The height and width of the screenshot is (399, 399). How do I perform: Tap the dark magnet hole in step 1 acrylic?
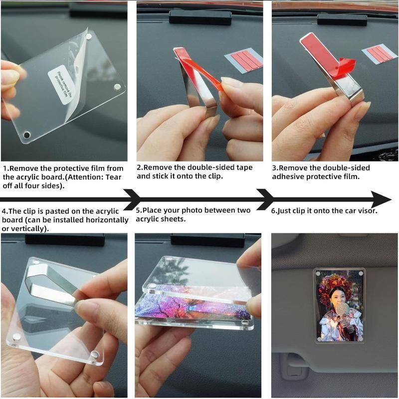tap(27, 134)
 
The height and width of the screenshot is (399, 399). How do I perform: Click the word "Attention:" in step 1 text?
tap(84, 177)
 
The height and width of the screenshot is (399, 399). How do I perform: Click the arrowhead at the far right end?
tap(381, 199)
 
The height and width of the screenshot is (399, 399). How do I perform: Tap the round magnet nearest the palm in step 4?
tap(95, 354)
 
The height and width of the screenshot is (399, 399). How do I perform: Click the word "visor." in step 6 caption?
tap(368, 210)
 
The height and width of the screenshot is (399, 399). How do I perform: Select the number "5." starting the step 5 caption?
tap(139, 210)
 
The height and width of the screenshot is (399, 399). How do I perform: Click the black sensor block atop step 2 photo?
tap(200, 17)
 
